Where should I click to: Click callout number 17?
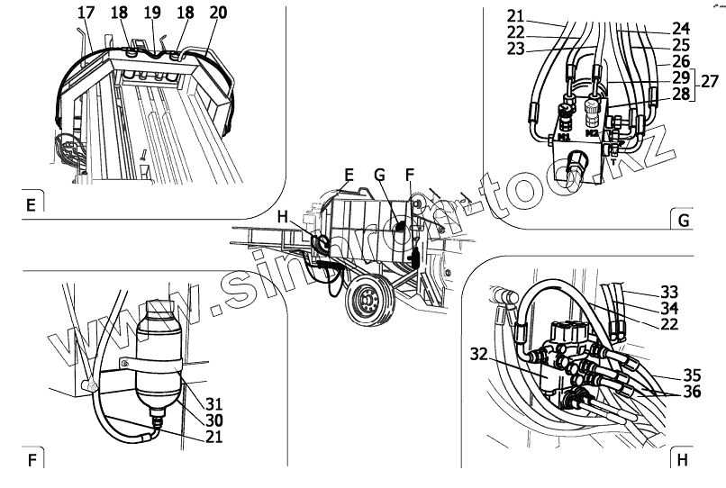pyautogui.click(x=85, y=13)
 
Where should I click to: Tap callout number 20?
pyautogui.click(x=217, y=13)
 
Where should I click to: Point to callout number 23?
pyautogui.click(x=514, y=50)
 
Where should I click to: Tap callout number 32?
pyautogui.click(x=479, y=354)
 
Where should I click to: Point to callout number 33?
pyautogui.click(x=667, y=292)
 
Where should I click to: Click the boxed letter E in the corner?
pyautogui.click(x=30, y=204)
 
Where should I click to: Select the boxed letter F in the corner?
pyautogui.click(x=32, y=461)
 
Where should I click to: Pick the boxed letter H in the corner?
pyautogui.click(x=681, y=460)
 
